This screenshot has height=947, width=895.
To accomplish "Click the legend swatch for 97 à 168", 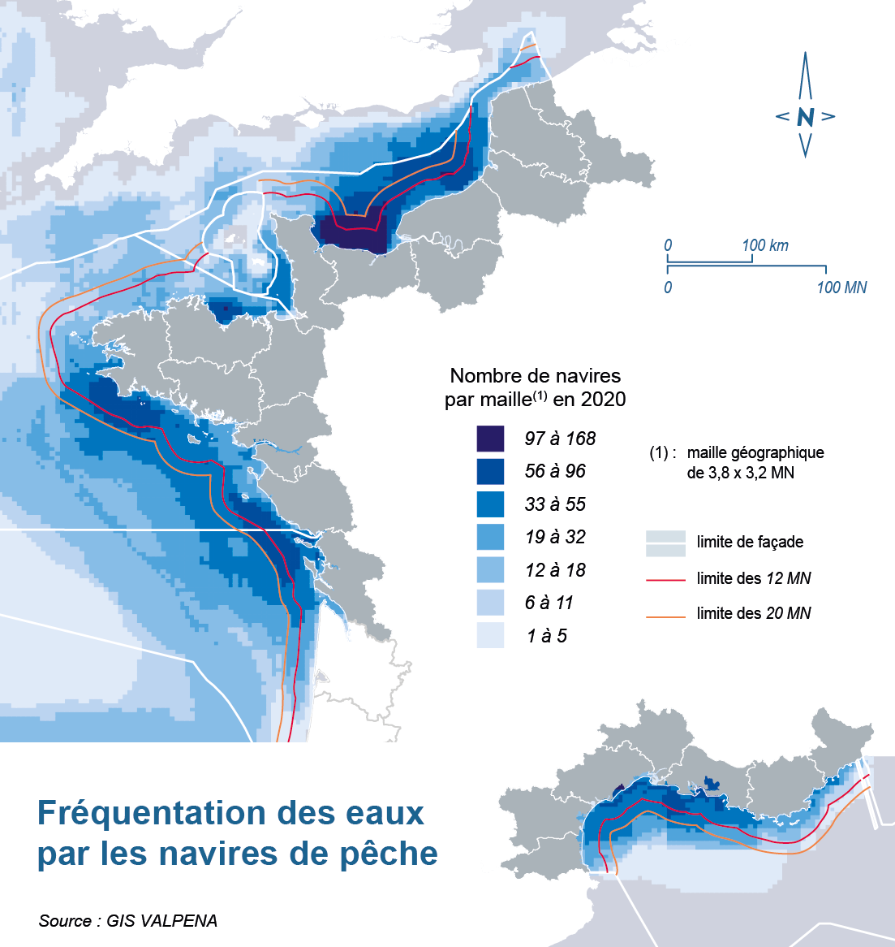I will coord(490,439).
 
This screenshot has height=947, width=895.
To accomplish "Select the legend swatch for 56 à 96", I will coord(490,471).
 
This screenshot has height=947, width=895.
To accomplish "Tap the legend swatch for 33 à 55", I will coord(490,504).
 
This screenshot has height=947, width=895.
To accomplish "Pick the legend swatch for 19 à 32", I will coord(490,537).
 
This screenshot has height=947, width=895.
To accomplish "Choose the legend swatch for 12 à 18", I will coord(490,570).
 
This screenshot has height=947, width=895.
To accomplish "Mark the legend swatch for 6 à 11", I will coord(490,603).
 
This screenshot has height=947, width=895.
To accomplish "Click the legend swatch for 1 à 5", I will coord(490,635).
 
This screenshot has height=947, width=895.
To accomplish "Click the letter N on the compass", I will coord(805,117).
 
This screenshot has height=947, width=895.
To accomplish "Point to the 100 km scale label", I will coord(764,245).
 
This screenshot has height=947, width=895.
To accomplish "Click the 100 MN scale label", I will coord(841,288).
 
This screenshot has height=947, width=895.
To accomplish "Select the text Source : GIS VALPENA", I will coord(128,920).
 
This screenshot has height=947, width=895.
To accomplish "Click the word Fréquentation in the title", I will coord(153,813).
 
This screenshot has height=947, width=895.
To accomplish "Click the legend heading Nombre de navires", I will coord(536,376).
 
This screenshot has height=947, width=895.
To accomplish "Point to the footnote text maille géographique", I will coord(755,453).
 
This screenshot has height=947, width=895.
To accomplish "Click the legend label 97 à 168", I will coord(560,439).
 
